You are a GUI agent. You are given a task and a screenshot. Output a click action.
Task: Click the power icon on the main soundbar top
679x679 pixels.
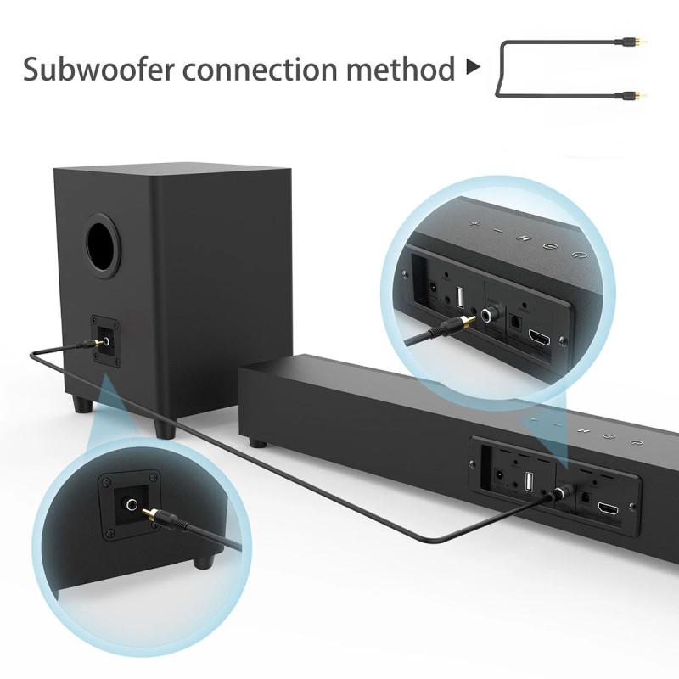point(637,442)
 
